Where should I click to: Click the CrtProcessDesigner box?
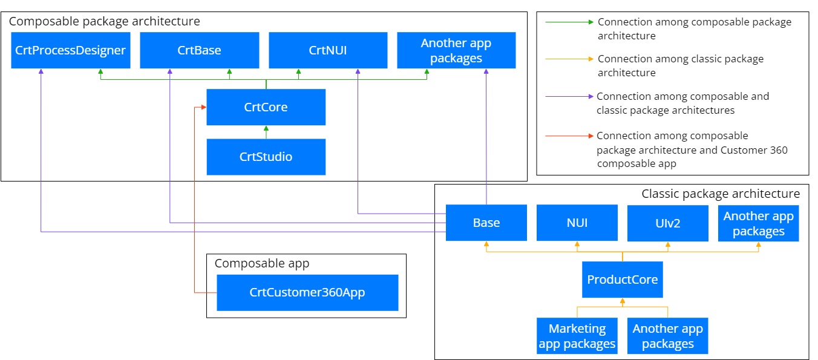coord(70,50)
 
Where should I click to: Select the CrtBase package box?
coord(200,50)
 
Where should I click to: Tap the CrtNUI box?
coord(328,50)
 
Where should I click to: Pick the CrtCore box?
coord(266,107)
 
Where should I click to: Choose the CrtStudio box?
coord(266,157)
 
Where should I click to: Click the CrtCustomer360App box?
coord(307,292)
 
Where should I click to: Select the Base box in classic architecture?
coord(486,223)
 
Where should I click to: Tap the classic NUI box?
coord(577,223)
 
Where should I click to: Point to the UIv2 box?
coord(668,223)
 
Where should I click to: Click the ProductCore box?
coord(623,280)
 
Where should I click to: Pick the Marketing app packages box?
coord(577,336)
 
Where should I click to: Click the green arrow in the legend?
coord(569,22)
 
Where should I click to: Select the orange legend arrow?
coord(569,59)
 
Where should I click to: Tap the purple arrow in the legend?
coord(569,96)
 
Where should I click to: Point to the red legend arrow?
coord(569,136)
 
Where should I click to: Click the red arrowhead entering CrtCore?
coord(204,107)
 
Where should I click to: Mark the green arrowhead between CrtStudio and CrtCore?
coord(266,128)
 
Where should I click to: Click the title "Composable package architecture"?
coord(105,21)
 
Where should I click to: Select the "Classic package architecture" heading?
coord(721,194)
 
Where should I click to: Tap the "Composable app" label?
coord(262,263)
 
